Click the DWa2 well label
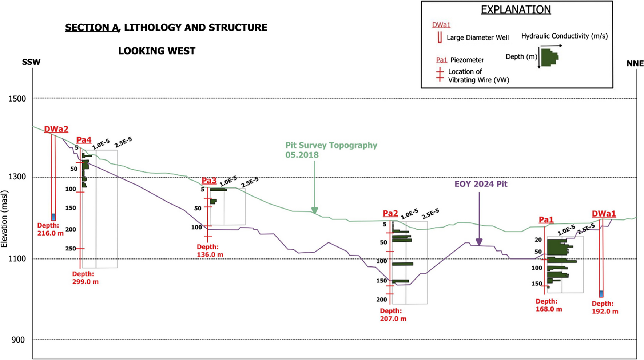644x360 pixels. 56,129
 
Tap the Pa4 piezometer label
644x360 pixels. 84,140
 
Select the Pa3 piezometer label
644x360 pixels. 209,181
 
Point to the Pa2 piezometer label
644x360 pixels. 390,213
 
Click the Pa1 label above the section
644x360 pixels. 546,219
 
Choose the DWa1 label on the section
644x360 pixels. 604,214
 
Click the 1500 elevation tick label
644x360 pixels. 17,99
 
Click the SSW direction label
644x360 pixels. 31,62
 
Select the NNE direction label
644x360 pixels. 635,64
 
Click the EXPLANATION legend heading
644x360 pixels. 516,10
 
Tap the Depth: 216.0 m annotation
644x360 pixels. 50,229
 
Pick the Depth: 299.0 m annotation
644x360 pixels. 85,278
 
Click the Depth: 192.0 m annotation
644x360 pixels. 605,308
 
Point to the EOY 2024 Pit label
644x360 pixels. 481,184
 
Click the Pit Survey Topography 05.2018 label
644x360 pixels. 331,150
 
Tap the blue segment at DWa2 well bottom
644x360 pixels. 53,217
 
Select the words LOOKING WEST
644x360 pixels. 156,51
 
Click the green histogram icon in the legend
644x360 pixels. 549,57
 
